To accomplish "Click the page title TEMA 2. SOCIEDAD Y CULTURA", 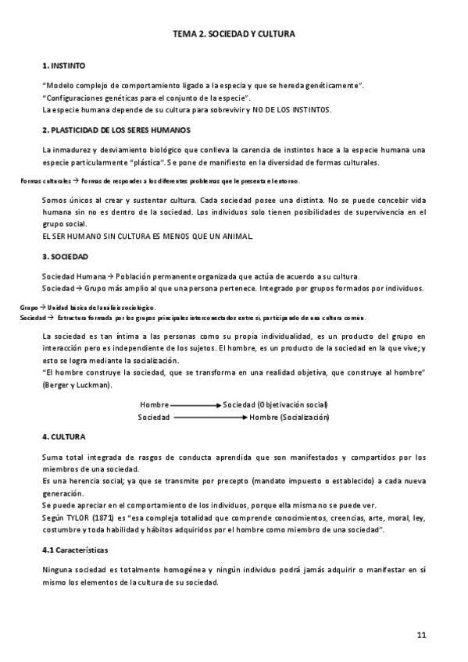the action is [234, 35].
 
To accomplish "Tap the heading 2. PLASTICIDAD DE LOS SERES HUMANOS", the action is [116, 130].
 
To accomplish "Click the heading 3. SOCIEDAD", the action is [65, 257].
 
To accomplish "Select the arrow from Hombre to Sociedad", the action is [195, 405].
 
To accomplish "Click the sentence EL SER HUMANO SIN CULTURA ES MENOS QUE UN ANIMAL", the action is [146, 236].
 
